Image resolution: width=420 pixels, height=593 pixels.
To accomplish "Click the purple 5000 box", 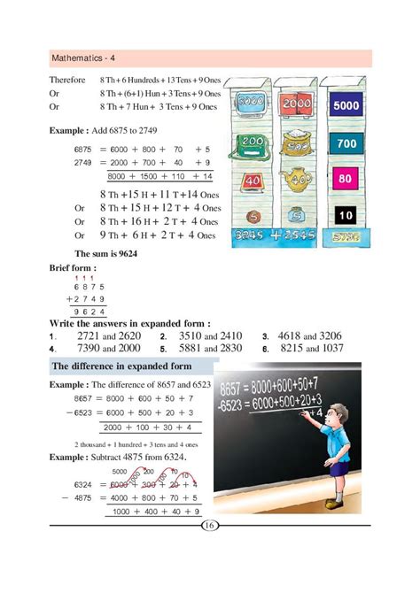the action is (346, 107).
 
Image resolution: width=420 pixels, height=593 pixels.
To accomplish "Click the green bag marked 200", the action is (251, 142).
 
